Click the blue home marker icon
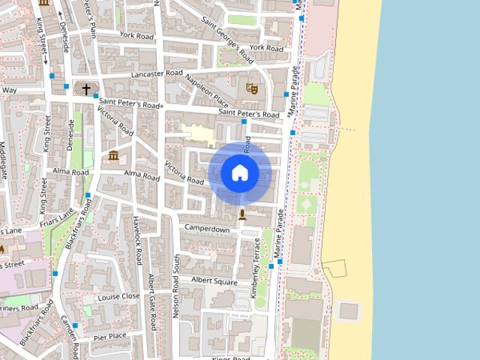point(240,173)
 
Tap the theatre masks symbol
point(251,88)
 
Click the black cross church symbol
point(86,89)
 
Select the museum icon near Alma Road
point(113,155)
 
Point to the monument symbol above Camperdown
point(241,214)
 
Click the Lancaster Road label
point(156,74)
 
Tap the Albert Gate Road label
point(152,300)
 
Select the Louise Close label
point(118,295)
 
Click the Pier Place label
point(110,337)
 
